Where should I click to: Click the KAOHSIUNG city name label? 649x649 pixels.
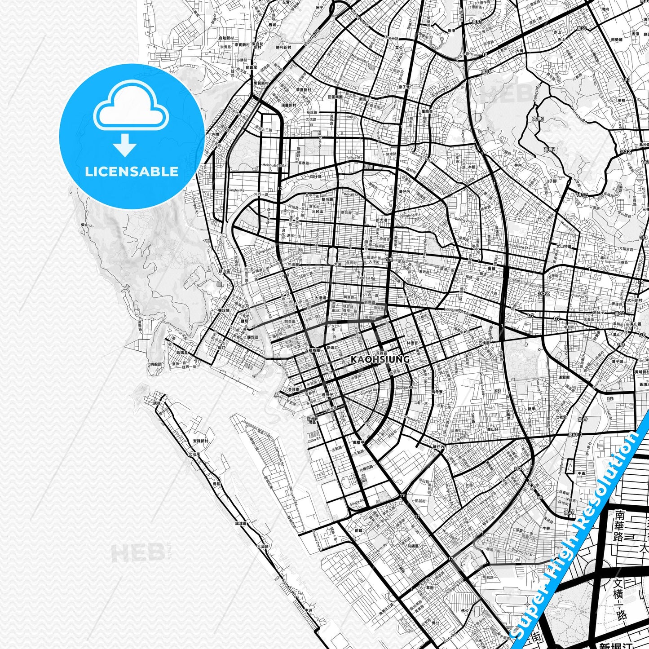click(380, 359)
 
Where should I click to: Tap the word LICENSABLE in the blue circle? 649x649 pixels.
click(132, 172)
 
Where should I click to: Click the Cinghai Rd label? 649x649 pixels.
click(236, 190)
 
